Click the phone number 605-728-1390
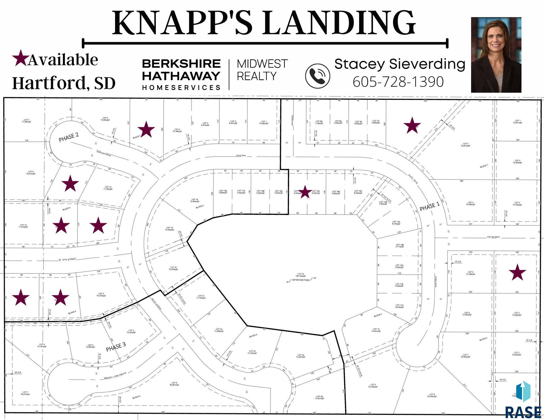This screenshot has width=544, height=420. tap(398, 82)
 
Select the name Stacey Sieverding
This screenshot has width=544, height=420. tap(400, 64)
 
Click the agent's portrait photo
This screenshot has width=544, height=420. tap(496, 55)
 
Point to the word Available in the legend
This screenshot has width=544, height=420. tap(63, 60)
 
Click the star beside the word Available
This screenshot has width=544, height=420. tap(20, 58)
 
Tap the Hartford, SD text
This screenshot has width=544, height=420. tap(64, 83)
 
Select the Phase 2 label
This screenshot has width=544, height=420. tap(69, 137)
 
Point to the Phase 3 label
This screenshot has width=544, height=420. tap(116, 347)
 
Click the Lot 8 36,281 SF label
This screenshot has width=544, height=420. tap(174, 384)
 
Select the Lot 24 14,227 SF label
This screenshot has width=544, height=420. tap(301, 356)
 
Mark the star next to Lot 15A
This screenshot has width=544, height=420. tap(305, 192)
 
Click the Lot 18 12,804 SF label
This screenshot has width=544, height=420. tap(195, 200)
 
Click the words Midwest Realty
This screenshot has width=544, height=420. tap(262, 70)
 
